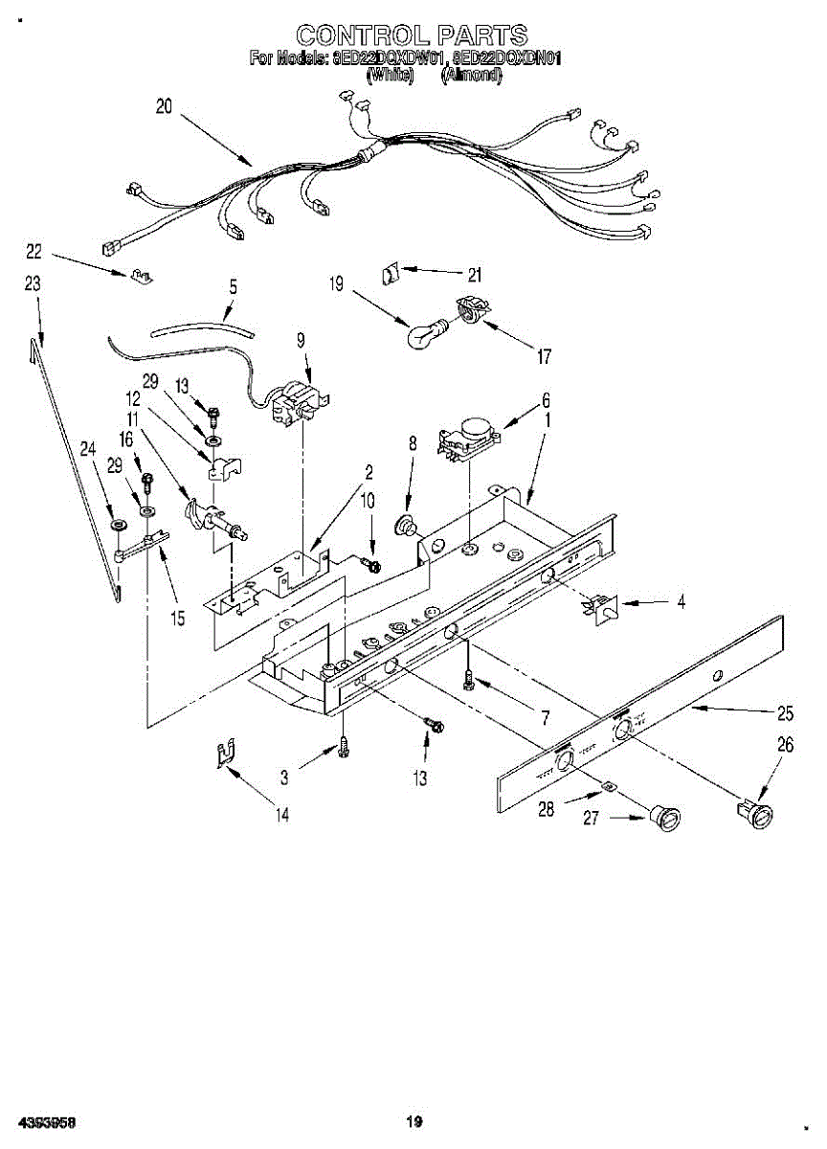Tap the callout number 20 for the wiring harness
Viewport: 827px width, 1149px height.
pyautogui.click(x=164, y=107)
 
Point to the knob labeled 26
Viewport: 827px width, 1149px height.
pyautogui.click(x=755, y=813)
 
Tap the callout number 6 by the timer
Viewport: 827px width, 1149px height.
pyautogui.click(x=546, y=401)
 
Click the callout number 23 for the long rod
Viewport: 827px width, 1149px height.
pyautogui.click(x=33, y=283)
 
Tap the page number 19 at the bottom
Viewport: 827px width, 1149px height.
pyautogui.click(x=413, y=1121)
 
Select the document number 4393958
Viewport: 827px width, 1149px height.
pyautogui.click(x=46, y=1121)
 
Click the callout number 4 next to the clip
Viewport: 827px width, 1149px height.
pyautogui.click(x=681, y=602)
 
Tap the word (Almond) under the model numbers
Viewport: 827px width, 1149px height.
pyautogui.click(x=472, y=75)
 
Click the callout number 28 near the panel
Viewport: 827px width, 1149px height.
pyautogui.click(x=547, y=809)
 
